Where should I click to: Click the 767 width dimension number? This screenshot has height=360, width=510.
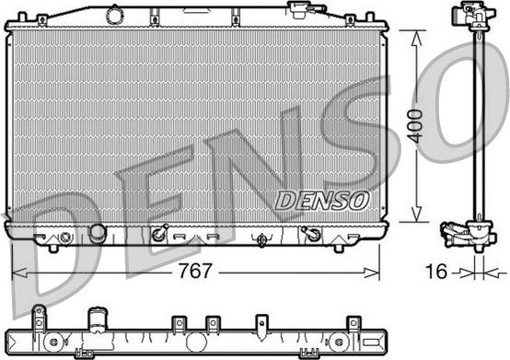(x=195, y=271)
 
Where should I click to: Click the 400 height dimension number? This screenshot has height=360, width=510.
(x=416, y=126)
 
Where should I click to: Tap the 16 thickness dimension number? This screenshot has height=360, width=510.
(x=436, y=272)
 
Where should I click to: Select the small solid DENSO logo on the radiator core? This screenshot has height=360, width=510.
(x=322, y=201)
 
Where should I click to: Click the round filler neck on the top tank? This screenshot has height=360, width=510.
(x=115, y=16)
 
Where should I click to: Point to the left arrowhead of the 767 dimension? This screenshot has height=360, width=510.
(x=18, y=273)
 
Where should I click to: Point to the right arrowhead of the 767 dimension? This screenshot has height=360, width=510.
(x=372, y=273)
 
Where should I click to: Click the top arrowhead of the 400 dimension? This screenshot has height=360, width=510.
(x=417, y=38)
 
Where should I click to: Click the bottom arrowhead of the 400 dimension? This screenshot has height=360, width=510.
(x=417, y=215)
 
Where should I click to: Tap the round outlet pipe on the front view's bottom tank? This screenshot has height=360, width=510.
(x=98, y=233)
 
